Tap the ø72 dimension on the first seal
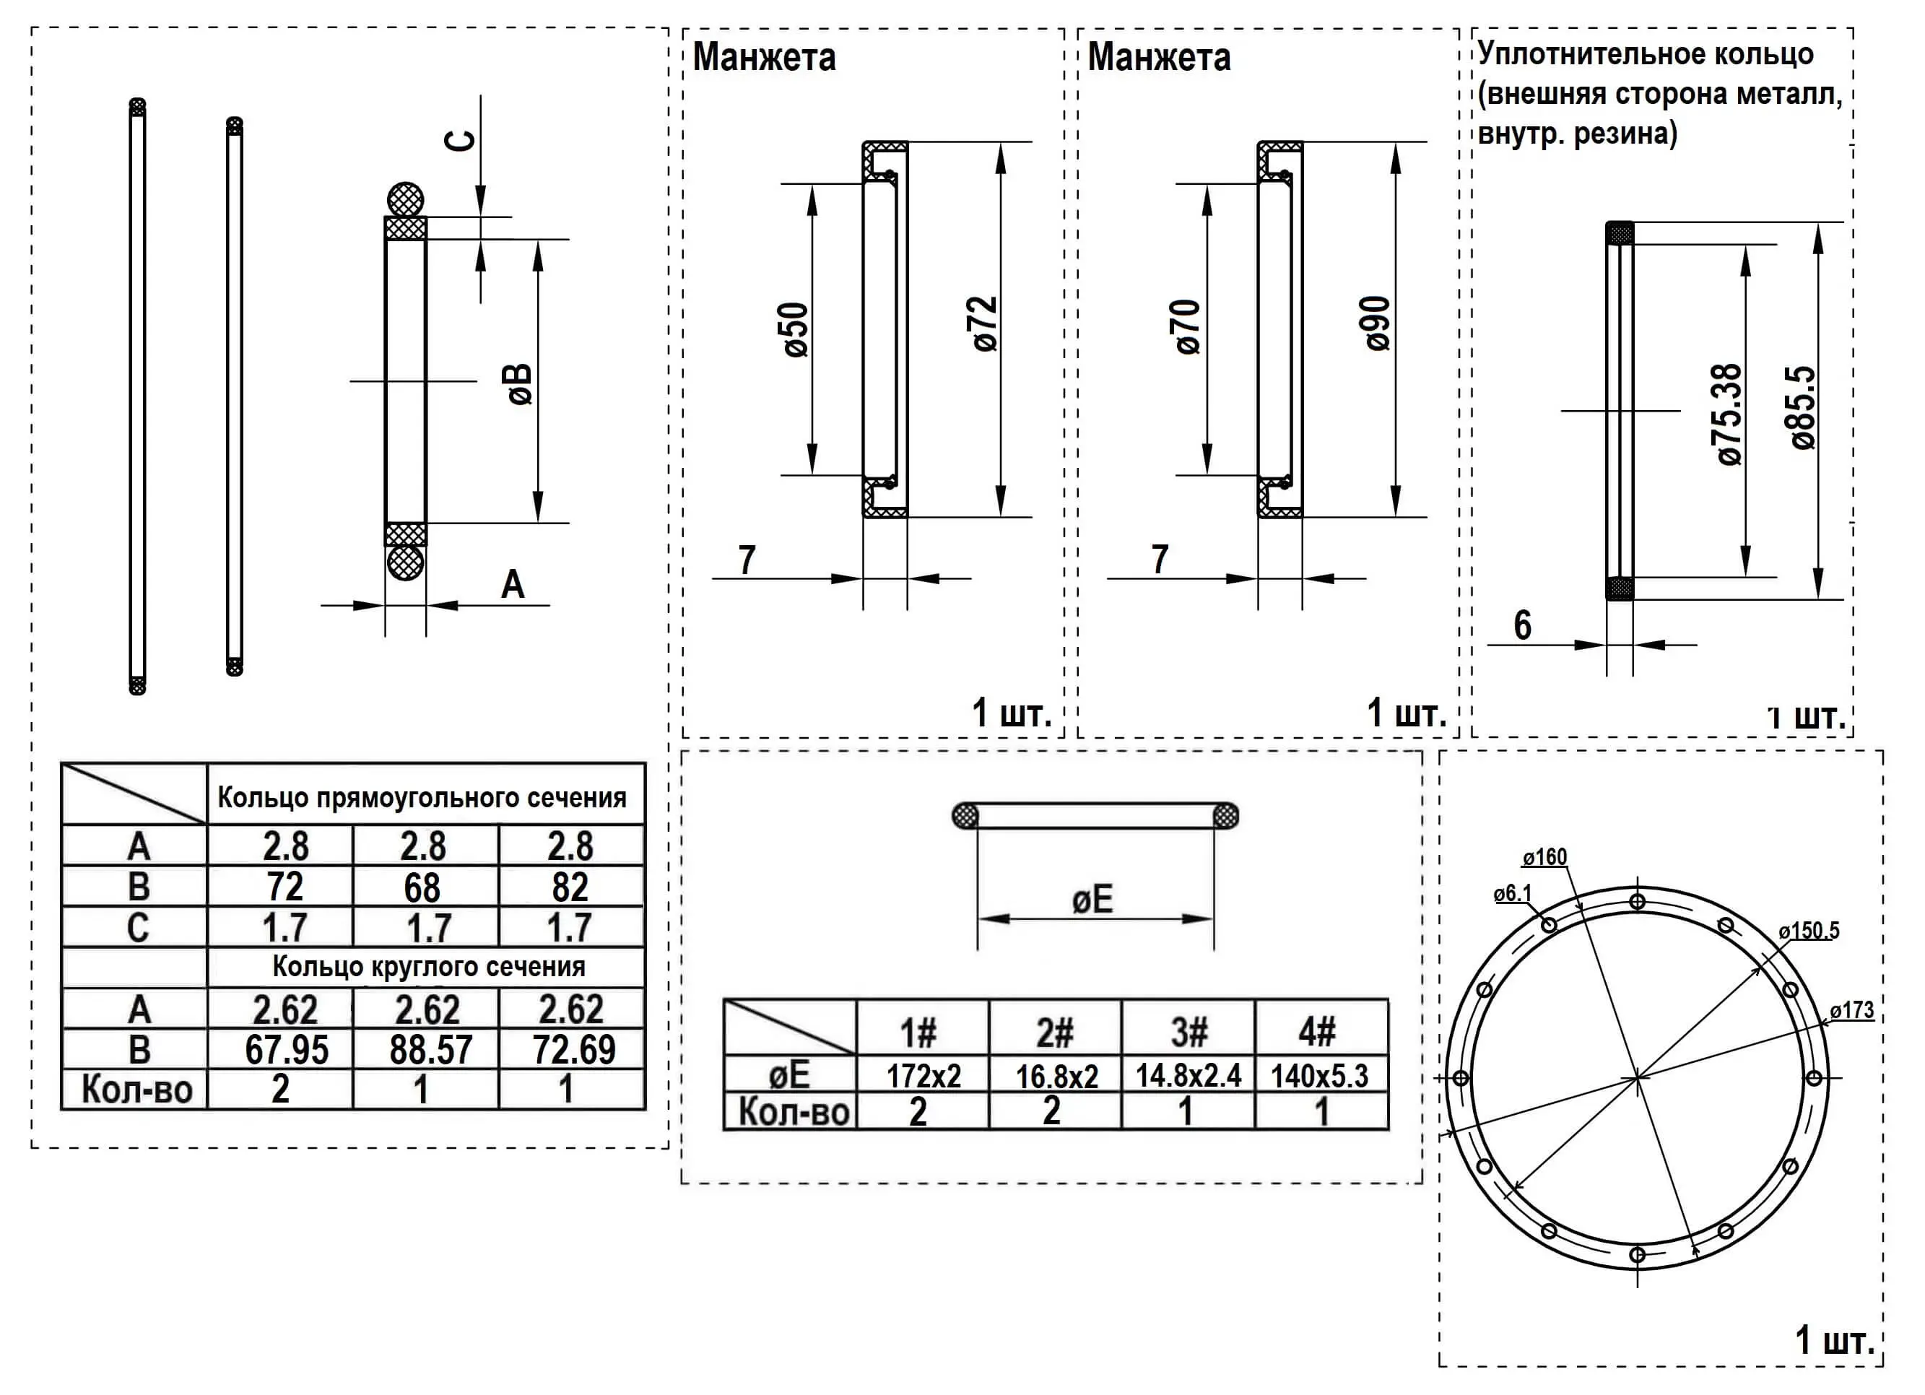[x=986, y=324]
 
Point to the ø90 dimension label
[x=1379, y=324]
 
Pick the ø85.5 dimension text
[x=1804, y=407]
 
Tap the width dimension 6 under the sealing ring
[x=1523, y=626]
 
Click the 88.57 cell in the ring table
[x=430, y=1051]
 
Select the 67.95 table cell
[x=286, y=1051]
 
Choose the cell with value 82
[x=570, y=887]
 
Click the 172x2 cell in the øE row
[x=924, y=1076]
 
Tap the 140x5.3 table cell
[x=1320, y=1076]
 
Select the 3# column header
[x=1189, y=1033]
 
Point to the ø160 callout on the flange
[x=1544, y=857]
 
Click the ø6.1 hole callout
[x=1513, y=893]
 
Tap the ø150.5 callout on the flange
[x=1809, y=931]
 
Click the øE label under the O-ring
[x=1092, y=900]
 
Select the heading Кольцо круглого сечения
[x=429, y=967]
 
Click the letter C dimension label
[x=461, y=140]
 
